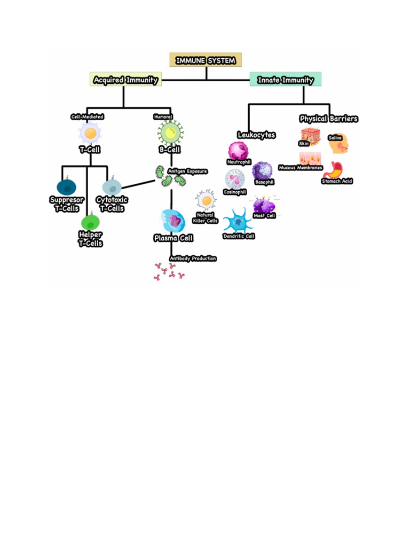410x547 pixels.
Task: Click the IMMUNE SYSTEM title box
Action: click(x=206, y=60)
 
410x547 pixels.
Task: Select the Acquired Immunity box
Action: click(x=125, y=80)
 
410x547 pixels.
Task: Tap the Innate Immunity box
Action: click(x=285, y=80)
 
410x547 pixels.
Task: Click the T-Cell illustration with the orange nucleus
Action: click(x=90, y=132)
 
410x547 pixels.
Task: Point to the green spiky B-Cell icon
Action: click(x=170, y=132)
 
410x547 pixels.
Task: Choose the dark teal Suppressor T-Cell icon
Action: click(x=66, y=187)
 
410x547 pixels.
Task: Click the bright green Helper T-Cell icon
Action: click(x=90, y=222)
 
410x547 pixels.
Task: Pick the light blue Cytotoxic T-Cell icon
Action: click(x=112, y=187)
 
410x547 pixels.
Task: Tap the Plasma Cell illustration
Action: click(x=172, y=220)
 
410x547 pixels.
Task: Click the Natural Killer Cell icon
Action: click(x=206, y=200)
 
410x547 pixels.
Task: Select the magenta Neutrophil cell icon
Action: click(x=238, y=150)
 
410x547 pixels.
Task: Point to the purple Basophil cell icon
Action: click(x=262, y=171)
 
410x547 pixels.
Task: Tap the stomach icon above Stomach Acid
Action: click(x=333, y=169)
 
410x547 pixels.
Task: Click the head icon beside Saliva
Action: click(x=341, y=144)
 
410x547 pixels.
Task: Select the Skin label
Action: click(x=304, y=143)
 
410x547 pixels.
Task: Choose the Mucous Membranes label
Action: click(x=301, y=167)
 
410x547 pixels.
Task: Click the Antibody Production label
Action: click(x=193, y=259)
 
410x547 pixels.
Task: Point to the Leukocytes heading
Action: click(x=256, y=135)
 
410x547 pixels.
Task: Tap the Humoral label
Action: click(x=163, y=116)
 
